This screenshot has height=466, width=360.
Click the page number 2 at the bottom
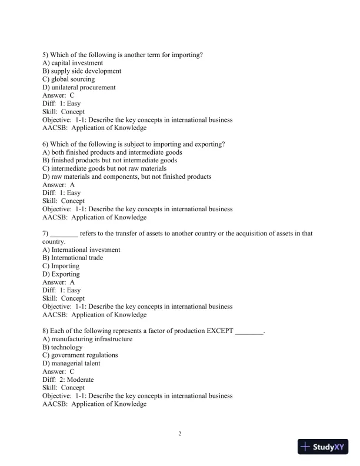tap(180, 434)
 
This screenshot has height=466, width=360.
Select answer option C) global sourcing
tap(69, 79)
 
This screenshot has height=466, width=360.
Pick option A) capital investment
tap(73, 63)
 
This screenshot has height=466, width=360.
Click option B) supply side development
tap(82, 71)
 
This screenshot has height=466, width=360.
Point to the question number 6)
tap(46, 144)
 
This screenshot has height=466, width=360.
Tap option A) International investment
tap(82, 249)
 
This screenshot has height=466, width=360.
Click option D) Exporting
tap(61, 274)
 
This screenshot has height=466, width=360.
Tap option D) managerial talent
tap(71, 364)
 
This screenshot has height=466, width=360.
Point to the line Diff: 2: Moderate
tap(68, 380)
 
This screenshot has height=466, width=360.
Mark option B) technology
tap(63, 347)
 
